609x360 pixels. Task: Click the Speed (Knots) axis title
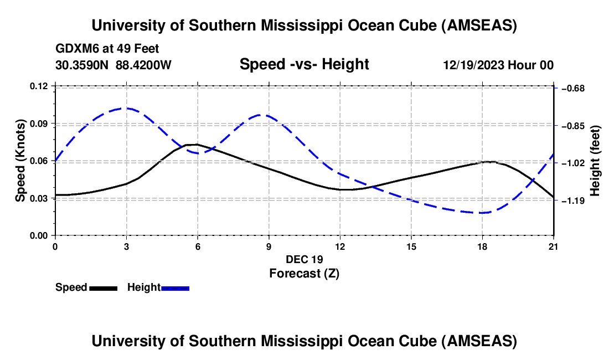(x=21, y=161)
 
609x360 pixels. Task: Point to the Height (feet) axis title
(x=595, y=161)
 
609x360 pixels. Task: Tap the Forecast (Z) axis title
(x=304, y=273)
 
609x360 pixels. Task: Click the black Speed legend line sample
(x=103, y=288)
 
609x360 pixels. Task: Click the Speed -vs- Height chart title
(x=304, y=64)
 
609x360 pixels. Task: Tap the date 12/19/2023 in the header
(x=473, y=65)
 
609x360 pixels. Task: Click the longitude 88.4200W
(x=143, y=65)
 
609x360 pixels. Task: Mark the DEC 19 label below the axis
(x=304, y=259)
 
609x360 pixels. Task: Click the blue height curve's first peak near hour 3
(x=126, y=108)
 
